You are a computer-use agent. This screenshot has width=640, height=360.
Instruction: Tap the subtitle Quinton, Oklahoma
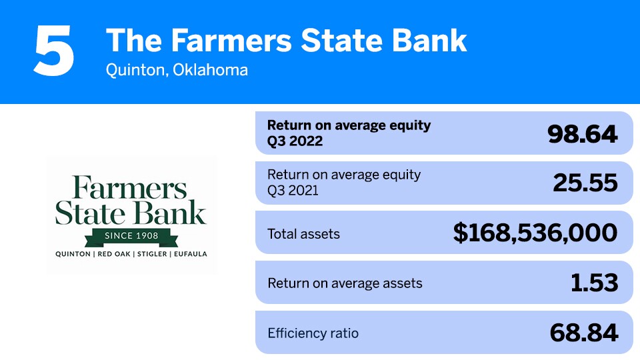177,70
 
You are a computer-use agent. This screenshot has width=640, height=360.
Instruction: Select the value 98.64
582,134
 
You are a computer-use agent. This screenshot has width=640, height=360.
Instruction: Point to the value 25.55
585,183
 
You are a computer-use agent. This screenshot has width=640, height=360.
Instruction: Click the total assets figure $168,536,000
535,233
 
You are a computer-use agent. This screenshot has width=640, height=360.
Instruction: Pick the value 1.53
594,283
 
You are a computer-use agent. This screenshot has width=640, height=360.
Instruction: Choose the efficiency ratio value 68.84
583,333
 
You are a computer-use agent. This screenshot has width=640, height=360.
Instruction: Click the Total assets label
303,234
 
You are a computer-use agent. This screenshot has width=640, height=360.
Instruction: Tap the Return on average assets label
345,283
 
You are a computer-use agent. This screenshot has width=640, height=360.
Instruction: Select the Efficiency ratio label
313,333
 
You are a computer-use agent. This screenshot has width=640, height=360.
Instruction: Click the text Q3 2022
295,141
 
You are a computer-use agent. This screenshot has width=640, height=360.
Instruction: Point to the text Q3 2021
293,190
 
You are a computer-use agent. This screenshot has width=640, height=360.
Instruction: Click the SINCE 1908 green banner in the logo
131,236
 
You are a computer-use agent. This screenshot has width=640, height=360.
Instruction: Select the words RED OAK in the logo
109,254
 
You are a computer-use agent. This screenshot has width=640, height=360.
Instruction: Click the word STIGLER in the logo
149,254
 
